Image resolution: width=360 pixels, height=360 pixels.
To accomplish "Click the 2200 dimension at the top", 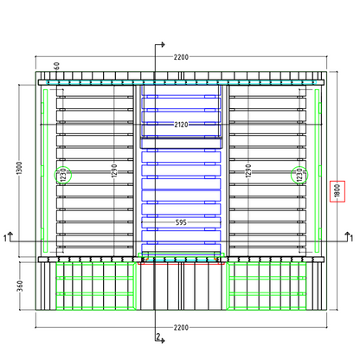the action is click(181, 57).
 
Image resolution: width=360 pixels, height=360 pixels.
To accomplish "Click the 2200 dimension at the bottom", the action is click(181, 328).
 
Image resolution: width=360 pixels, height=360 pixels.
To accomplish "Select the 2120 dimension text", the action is click(181, 125).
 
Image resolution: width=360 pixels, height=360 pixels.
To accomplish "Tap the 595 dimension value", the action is click(181, 222).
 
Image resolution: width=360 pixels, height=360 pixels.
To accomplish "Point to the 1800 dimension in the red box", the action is click(337, 191).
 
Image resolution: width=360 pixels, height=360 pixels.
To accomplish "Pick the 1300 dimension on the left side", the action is click(19, 168).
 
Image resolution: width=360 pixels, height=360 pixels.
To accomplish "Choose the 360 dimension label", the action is click(20, 286).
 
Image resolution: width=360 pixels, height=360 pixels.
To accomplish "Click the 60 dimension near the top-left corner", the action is click(57, 66).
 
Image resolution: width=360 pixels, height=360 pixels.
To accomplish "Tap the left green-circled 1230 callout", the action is click(63, 175).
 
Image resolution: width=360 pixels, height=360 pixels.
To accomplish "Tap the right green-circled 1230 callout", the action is click(299, 175).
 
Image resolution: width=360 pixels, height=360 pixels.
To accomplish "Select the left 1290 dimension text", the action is click(114, 170).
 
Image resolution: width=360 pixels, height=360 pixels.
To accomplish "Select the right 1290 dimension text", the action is click(248, 170).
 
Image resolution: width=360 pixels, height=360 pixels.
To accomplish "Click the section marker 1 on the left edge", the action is click(5, 238).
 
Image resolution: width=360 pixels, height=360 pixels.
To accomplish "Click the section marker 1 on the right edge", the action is click(351, 238).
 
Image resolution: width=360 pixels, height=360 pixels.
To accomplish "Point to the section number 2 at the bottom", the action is click(158, 337).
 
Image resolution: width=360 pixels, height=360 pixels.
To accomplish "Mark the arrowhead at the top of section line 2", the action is click(164, 44).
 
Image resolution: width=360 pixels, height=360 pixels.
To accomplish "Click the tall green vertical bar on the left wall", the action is click(45, 170).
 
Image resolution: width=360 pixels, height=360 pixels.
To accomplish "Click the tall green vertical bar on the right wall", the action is click(317, 170).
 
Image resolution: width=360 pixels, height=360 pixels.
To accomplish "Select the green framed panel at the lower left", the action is click(96, 286).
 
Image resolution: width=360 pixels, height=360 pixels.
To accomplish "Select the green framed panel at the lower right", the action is click(266, 286).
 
